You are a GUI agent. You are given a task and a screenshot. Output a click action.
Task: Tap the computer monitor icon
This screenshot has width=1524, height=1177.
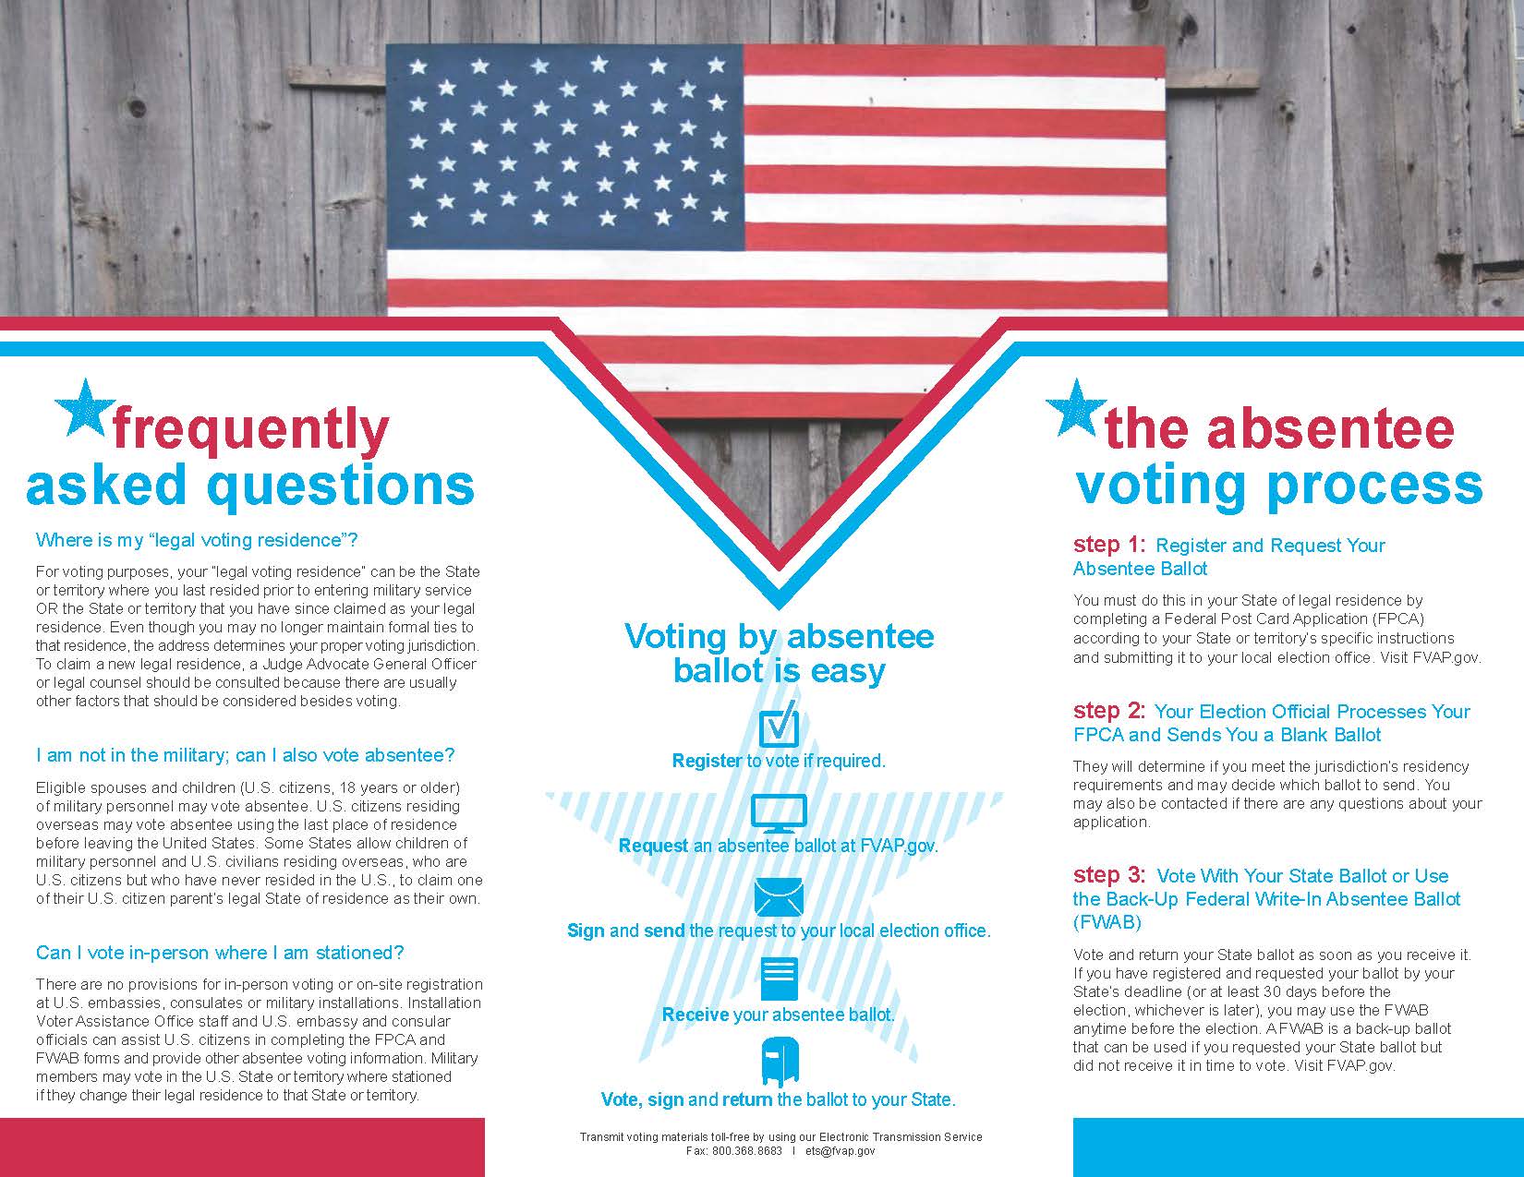click(x=779, y=813)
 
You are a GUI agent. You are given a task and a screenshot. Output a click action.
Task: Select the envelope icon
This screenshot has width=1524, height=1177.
click(x=779, y=896)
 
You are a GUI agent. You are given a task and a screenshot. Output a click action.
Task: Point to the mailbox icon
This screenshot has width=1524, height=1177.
click(x=779, y=1062)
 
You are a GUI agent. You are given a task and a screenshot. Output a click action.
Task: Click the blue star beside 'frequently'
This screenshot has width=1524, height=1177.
click(x=85, y=408)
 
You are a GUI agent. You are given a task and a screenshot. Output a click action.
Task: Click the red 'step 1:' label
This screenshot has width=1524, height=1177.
click(x=1109, y=545)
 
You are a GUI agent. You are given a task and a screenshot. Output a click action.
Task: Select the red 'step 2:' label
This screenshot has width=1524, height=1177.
click(x=1109, y=711)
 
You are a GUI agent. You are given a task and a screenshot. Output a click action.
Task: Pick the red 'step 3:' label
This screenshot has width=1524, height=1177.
click(x=1109, y=875)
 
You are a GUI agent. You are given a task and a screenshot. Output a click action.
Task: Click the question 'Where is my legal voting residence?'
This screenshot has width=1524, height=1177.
click(x=197, y=540)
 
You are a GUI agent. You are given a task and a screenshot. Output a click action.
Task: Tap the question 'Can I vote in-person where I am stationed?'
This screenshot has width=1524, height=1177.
click(x=220, y=953)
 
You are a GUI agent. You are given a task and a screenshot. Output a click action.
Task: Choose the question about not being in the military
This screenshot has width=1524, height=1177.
click(x=245, y=755)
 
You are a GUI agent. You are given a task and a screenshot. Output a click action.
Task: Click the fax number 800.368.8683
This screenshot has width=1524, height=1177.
click(x=747, y=1151)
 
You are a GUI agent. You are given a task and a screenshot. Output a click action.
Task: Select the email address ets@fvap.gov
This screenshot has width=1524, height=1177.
click(x=841, y=1151)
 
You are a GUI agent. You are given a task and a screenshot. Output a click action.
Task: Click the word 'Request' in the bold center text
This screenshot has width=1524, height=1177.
click(x=653, y=846)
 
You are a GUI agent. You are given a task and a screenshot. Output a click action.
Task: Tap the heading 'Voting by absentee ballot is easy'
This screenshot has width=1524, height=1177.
click(x=779, y=653)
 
